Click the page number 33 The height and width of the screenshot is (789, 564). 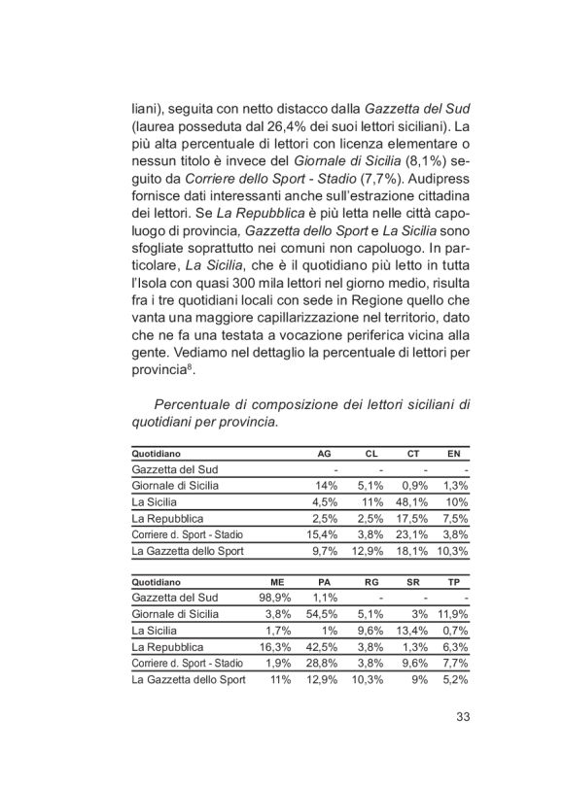point(462,718)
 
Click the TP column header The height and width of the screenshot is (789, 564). point(454,580)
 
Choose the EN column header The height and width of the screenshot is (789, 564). point(454,453)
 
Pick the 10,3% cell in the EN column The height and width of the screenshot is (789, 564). point(451,551)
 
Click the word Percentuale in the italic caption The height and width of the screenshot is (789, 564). point(194,404)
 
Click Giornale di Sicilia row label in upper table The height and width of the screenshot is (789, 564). point(175,486)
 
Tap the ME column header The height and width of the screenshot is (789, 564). point(275,580)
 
